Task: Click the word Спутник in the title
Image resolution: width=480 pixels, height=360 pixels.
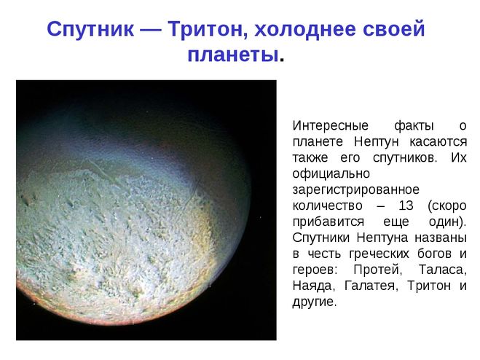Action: pos(90,30)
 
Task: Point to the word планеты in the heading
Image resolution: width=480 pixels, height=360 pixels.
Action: pos(233,55)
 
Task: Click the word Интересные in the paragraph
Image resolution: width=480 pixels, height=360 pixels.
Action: pos(330,125)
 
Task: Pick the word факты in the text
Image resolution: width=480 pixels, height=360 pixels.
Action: pos(414,126)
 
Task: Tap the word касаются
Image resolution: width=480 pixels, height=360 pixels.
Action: pos(438,142)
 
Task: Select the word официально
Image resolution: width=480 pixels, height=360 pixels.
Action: pos(331,173)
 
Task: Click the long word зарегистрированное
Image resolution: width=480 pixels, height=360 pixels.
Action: pos(355,189)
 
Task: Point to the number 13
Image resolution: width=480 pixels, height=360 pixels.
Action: pos(406,206)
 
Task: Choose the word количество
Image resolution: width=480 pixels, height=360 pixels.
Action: pos(327,206)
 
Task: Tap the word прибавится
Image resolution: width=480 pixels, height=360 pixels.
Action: pos(328,222)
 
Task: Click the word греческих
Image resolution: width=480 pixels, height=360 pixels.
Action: pos(379,254)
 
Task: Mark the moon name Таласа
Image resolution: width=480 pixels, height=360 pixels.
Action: pos(443,270)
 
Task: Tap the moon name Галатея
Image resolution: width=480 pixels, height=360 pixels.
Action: pos(371,286)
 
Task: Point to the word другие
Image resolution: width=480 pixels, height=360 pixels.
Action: pos(315,302)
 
